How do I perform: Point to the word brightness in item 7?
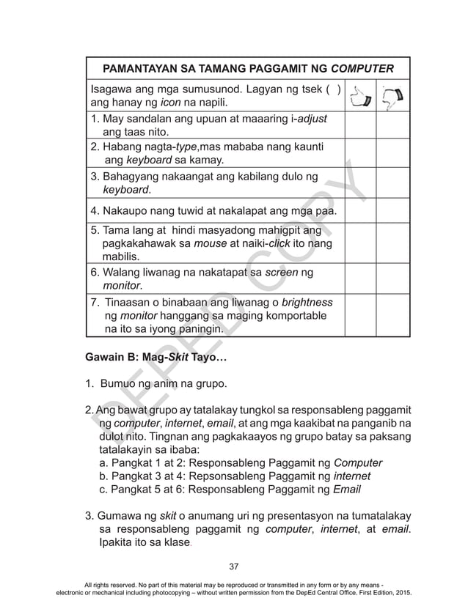click(302, 302)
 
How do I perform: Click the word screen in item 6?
click(282, 273)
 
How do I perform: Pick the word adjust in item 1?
click(311, 119)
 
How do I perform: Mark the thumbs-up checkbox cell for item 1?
click(359, 125)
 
